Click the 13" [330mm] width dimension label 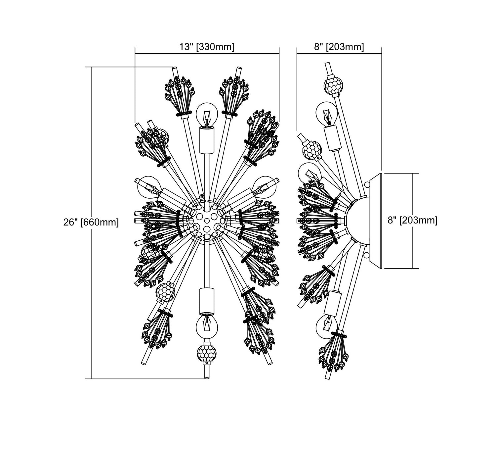pyautogui.click(x=206, y=47)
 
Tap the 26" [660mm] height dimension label pyautogui.click(x=91, y=222)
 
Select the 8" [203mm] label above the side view pyautogui.click(x=339, y=47)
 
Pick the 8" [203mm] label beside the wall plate pyautogui.click(x=412, y=220)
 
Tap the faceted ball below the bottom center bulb pyautogui.click(x=207, y=353)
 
